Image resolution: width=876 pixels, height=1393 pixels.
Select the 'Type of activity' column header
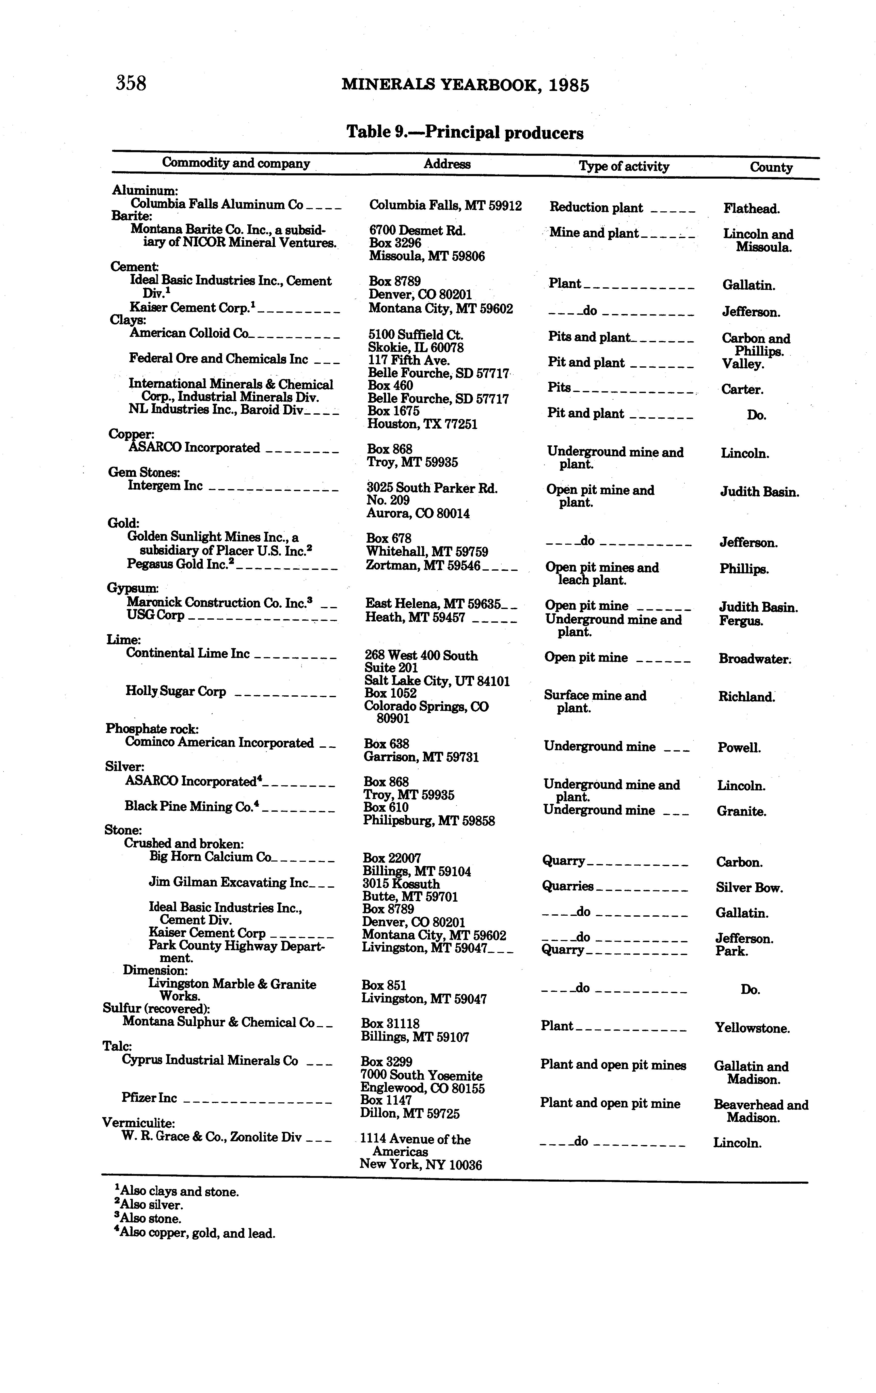coord(624,167)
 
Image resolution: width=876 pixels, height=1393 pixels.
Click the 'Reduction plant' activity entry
coord(596,208)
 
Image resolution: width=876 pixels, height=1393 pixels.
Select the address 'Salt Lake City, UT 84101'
coord(437,681)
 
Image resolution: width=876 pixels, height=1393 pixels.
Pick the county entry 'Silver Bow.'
coord(749,888)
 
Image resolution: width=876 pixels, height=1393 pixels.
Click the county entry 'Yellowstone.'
coord(752,1028)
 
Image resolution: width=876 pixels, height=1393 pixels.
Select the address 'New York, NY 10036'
coord(420,1165)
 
